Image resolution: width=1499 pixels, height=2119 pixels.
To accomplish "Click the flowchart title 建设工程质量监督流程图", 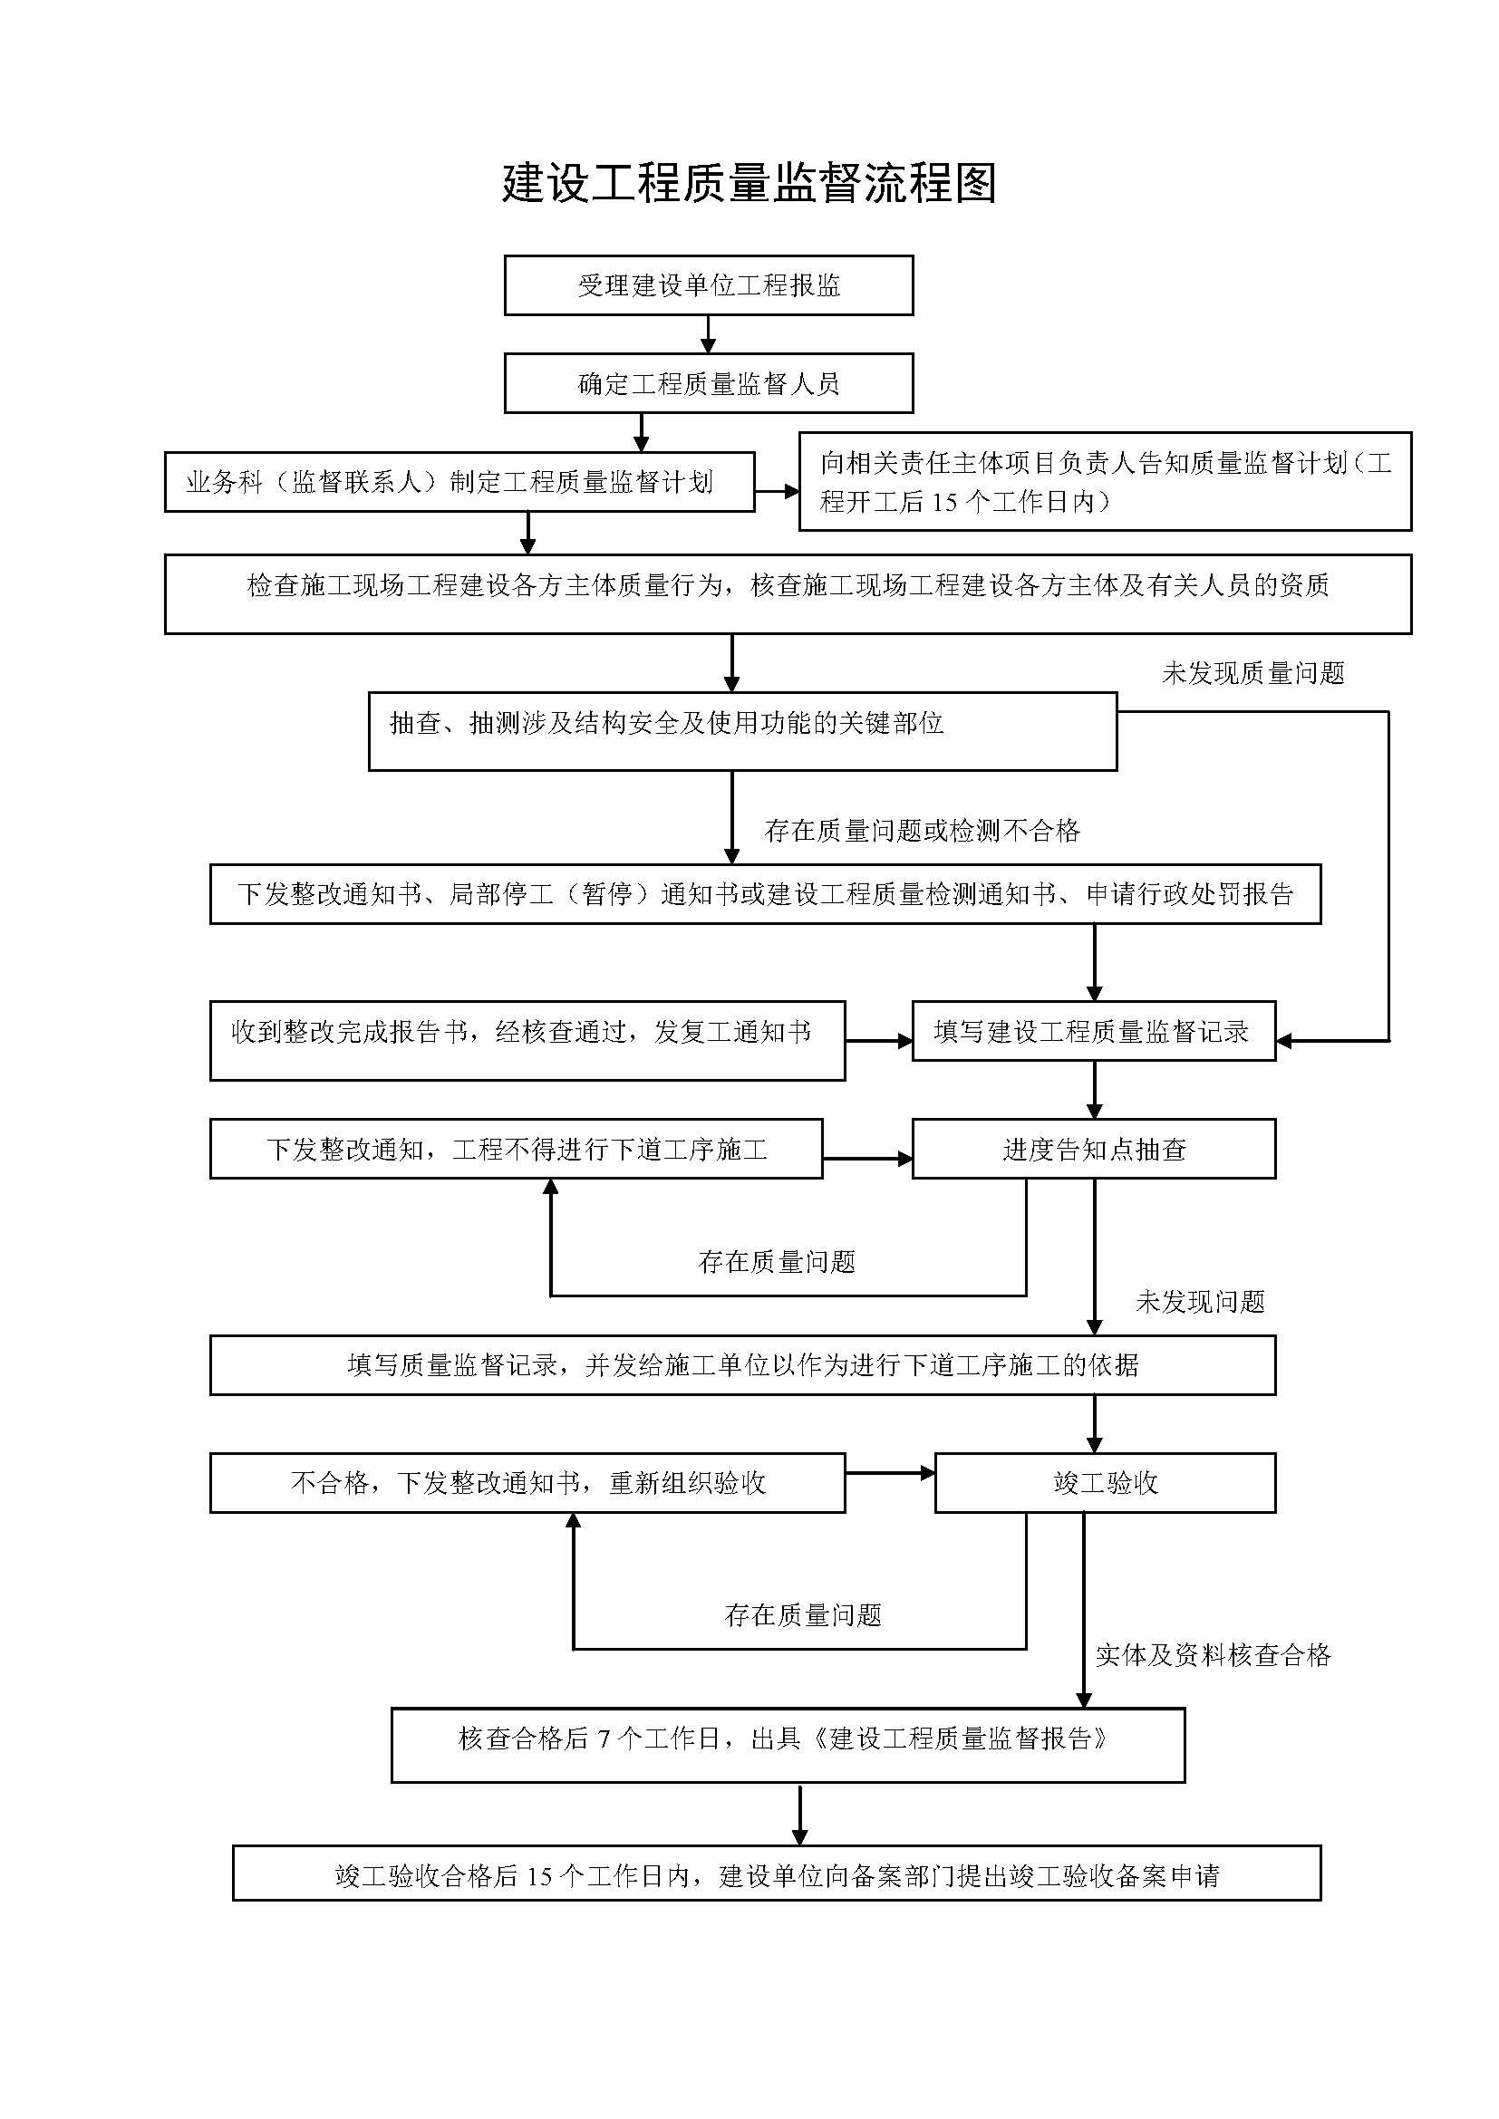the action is point(749,184).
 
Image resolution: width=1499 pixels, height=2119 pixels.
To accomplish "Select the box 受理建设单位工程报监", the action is point(709,285).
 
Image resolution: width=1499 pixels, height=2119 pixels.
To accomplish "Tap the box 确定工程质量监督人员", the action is point(709,383).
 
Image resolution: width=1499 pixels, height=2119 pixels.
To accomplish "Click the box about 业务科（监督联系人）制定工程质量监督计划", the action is point(459,482).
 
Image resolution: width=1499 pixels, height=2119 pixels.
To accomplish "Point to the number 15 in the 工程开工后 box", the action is point(944,502).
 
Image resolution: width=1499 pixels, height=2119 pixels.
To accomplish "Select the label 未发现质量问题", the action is point(1252,673).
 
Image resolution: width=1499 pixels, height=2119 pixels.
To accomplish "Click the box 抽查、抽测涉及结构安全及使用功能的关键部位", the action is point(743,732).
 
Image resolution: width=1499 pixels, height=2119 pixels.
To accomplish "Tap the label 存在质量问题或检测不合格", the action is point(922,831).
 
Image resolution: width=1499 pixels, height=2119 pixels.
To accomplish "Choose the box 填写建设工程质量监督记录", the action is point(1094,1031).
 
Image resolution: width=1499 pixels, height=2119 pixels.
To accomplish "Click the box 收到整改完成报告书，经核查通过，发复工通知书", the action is point(527,1040).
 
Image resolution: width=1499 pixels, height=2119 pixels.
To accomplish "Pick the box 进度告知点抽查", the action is point(1094,1149).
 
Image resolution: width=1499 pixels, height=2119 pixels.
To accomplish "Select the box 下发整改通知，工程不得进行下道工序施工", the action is point(516,1149).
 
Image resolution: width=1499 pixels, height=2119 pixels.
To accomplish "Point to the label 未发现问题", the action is point(1200,1301).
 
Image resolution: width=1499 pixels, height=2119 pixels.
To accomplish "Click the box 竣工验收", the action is point(1105,1483).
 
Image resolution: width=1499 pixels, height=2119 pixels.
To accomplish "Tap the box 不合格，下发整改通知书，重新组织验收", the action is point(527,1483).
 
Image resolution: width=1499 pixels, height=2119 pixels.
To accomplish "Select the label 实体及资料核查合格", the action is point(1213,1655).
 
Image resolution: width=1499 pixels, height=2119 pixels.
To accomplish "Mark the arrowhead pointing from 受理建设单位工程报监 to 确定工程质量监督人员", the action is point(708,346).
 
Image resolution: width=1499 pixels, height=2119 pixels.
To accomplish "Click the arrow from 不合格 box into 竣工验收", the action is point(891,1474).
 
